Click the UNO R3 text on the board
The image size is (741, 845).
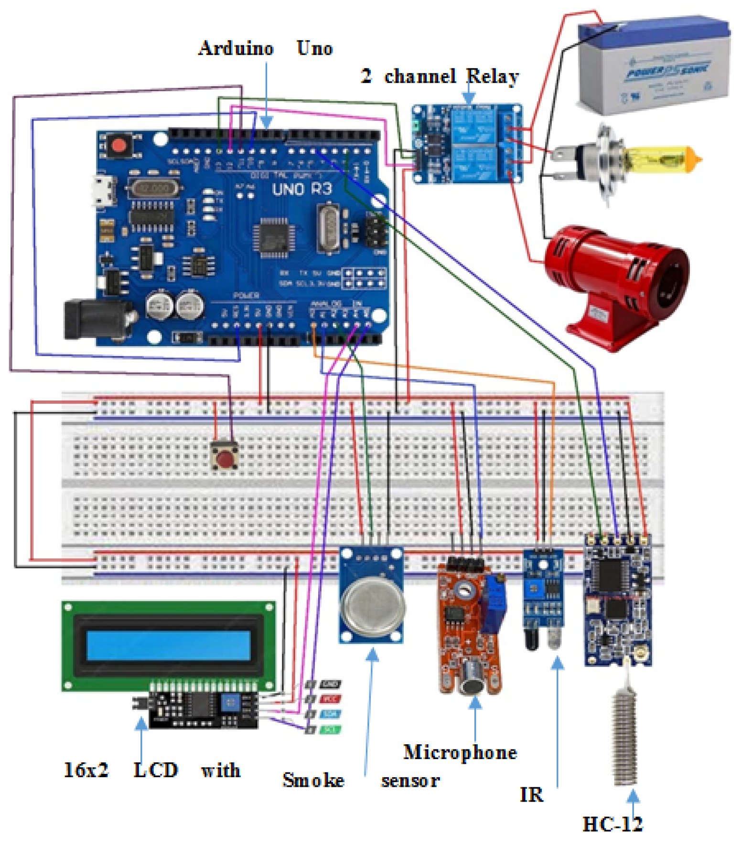[x=302, y=189]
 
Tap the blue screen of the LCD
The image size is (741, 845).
[x=169, y=645]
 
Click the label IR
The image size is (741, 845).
[x=531, y=794]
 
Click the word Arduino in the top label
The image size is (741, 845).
[x=236, y=48]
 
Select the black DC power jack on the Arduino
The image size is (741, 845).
[x=96, y=319]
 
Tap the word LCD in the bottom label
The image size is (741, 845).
[x=155, y=770]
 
